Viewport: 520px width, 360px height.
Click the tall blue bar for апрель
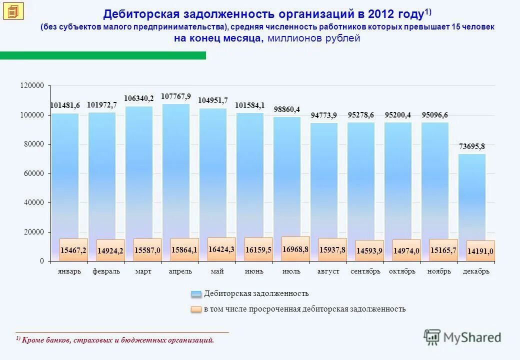point(176,170)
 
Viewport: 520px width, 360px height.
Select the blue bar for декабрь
point(471,195)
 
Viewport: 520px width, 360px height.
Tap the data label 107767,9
point(176,96)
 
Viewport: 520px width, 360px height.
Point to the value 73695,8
point(471,146)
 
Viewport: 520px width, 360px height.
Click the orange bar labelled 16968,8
point(295,249)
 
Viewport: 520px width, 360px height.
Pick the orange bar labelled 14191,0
point(480,251)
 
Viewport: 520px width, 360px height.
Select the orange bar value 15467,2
point(73,249)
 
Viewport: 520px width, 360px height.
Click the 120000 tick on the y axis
point(32,86)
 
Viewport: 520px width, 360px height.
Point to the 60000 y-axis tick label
point(34,173)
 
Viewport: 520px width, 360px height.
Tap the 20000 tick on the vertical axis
point(34,232)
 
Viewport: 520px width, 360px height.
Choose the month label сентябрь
point(365,271)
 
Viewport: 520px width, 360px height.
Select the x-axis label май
point(217,271)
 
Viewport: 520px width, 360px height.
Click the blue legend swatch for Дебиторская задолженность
point(196,294)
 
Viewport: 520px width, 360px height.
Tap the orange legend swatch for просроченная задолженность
point(196,309)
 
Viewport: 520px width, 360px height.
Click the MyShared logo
point(462,337)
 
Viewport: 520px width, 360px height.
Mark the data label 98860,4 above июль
point(286,109)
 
